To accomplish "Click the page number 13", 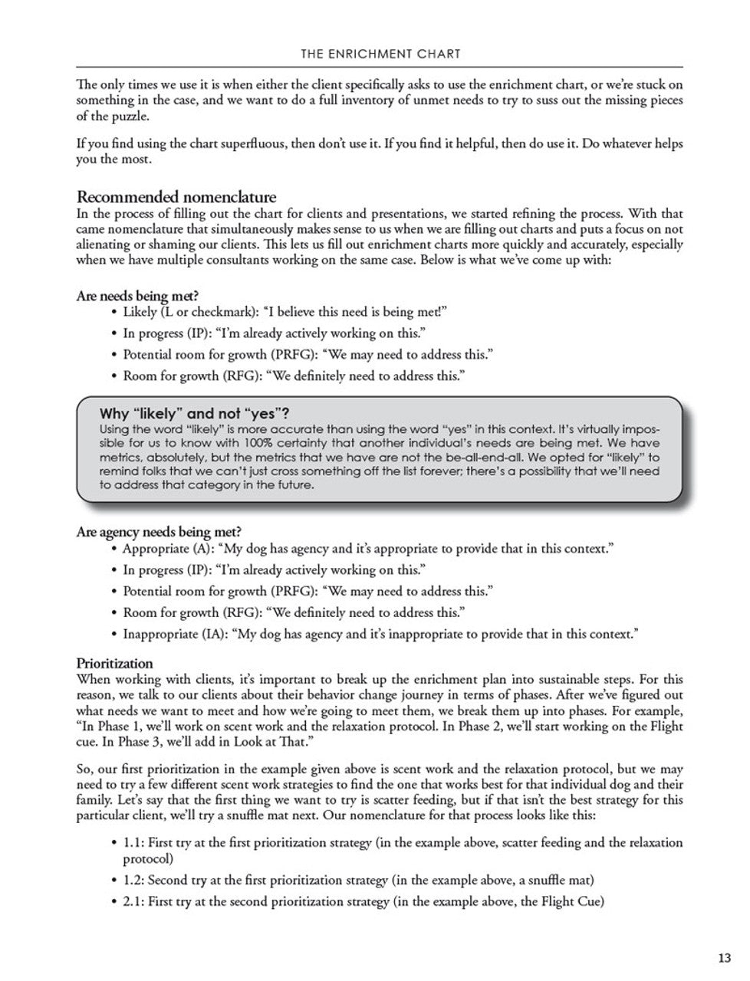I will click(x=724, y=958).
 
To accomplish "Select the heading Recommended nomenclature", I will click(x=176, y=197).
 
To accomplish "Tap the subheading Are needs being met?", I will click(x=138, y=296).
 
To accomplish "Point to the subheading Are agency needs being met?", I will click(x=160, y=532).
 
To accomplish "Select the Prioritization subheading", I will click(x=115, y=664).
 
